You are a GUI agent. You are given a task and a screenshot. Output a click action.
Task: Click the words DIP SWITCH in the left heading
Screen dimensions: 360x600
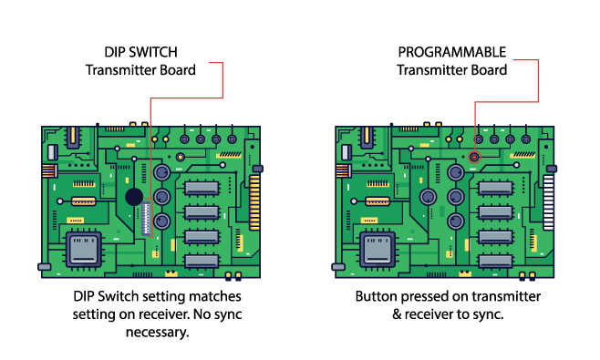pyautogui.click(x=140, y=52)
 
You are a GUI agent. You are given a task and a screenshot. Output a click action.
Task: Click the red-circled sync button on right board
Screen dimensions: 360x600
pyautogui.click(x=474, y=157)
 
